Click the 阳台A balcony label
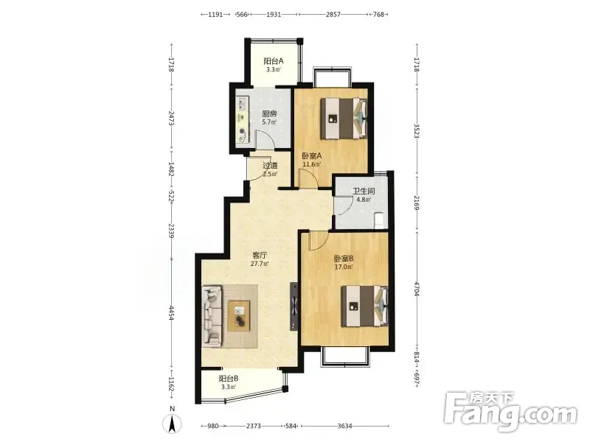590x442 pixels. (273, 61)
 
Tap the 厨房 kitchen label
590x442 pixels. (269, 113)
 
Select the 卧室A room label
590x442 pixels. (311, 155)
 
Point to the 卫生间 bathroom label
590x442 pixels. (364, 191)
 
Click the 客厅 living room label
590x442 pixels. (260, 255)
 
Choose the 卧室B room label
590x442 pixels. (344, 259)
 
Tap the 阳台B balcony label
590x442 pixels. (229, 379)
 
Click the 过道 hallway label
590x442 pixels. (270, 165)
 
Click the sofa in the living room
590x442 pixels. (212, 316)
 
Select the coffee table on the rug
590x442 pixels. (239, 316)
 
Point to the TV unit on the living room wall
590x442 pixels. (294, 306)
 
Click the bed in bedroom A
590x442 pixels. (344, 119)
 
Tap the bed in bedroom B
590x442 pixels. (364, 306)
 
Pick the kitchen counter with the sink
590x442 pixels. (243, 119)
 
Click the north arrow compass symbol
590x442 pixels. (172, 424)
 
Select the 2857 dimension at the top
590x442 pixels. (333, 14)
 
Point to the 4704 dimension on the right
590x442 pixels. (417, 289)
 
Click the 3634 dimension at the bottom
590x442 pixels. (344, 426)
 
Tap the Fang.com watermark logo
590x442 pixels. (511, 413)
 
